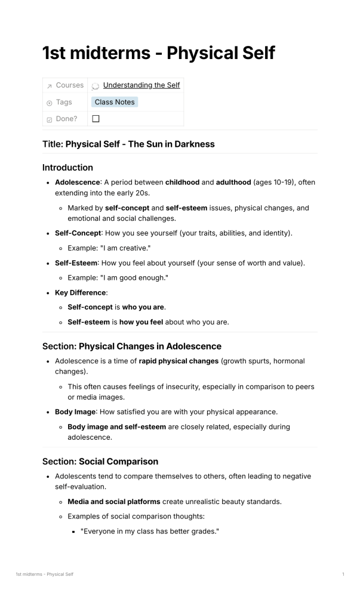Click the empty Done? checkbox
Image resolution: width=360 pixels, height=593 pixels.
click(x=96, y=119)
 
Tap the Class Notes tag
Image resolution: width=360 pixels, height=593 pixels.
click(x=115, y=102)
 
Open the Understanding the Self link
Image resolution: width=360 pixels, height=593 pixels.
click(x=141, y=85)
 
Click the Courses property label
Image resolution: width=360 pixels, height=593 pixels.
click(x=69, y=85)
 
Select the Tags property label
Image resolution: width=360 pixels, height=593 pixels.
click(x=63, y=102)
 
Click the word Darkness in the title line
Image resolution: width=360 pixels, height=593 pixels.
click(x=192, y=144)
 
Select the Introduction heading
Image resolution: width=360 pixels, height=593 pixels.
click(x=67, y=168)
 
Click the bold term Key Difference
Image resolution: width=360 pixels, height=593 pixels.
click(x=80, y=293)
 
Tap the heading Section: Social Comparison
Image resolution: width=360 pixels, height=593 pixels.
click(x=100, y=461)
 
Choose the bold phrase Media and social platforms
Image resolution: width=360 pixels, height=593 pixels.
click(x=113, y=502)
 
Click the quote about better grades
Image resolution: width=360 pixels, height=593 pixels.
click(x=150, y=532)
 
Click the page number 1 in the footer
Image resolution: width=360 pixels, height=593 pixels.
click(x=343, y=574)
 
